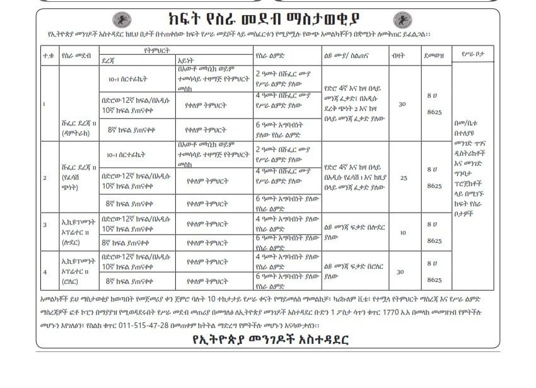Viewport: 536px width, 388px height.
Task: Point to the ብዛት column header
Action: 401,55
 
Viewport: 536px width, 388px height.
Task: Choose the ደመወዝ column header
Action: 434,55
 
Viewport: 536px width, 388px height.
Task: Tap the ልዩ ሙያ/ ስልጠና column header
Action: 346,55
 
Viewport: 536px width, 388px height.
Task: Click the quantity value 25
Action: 402,178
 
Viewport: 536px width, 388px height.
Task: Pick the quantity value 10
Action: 402,232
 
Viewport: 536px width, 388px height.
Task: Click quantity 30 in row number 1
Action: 402,104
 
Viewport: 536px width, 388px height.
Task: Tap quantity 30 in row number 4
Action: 402,271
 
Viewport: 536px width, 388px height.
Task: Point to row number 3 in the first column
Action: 45,225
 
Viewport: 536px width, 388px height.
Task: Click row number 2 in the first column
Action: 45,178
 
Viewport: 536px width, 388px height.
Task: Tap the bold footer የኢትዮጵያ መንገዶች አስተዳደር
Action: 271,339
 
